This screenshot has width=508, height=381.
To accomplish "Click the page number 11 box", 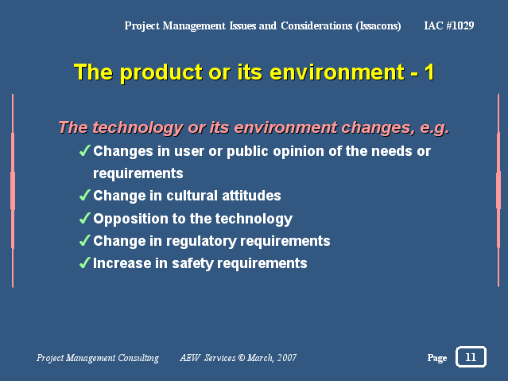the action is coord(471,356).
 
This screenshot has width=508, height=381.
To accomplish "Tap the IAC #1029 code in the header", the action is coord(449,25).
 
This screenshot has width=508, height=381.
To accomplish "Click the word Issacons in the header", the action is coord(378,25).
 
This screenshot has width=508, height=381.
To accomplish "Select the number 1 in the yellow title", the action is coord(429,72).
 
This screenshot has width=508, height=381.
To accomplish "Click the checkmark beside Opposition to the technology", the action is coord(84,218).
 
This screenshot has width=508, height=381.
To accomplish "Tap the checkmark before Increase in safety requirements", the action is coord(84,262).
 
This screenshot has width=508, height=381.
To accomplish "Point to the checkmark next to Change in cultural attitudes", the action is coord(84,195).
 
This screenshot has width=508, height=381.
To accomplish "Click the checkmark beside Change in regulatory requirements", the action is coord(84,240).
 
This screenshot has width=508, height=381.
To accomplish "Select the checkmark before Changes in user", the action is coord(84,151).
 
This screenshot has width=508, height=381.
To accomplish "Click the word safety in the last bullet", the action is coord(192,263).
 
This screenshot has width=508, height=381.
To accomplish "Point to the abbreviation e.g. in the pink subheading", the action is coord(435,127).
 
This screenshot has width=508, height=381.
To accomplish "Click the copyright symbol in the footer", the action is coord(242,357).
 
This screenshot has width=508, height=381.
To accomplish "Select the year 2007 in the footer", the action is coord(287,358).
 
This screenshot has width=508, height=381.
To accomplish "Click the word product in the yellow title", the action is coord(161,72).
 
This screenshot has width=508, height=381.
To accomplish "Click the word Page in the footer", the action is coord(437,358).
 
